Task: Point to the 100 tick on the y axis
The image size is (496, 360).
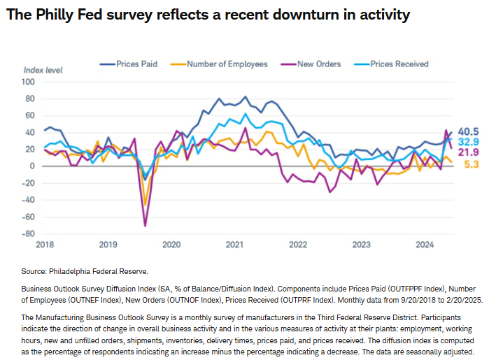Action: coord(29,82)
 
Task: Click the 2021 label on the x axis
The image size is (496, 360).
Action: coord(234,245)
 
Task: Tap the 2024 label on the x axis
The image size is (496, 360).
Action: coord(425,245)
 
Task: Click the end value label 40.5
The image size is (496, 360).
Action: coord(469,131)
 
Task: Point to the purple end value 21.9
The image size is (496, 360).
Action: coord(469,152)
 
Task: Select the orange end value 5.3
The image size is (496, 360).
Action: coord(472,164)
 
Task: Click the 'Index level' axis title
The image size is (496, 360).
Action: coord(43,70)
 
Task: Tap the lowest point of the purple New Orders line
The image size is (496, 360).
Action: coord(146,226)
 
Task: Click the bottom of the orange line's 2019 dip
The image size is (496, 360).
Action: coord(146,204)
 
